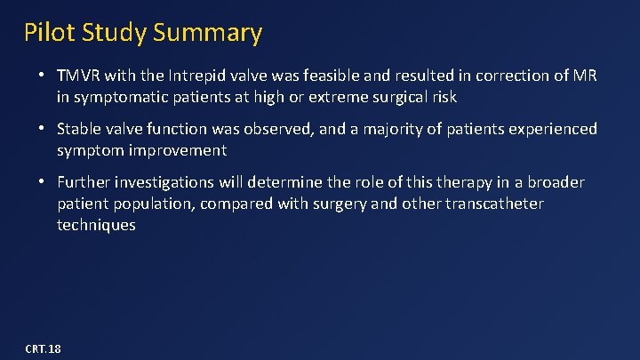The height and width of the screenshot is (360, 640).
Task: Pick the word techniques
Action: (x=97, y=226)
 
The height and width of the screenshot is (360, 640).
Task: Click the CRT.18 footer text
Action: (x=44, y=348)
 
